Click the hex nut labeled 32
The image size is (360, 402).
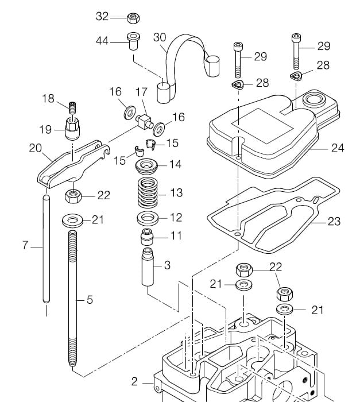coord(133,18)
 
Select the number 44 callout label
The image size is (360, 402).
coord(102,41)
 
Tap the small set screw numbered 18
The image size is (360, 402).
coord(73,108)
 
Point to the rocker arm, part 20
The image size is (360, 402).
coord(73,163)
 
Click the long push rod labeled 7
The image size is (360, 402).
coord(46,249)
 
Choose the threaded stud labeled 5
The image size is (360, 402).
coord(72,299)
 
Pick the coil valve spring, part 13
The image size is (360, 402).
coord(148,192)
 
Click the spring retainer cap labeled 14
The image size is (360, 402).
coord(146,167)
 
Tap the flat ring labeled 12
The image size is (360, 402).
coord(147,218)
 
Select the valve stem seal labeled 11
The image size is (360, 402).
coord(148,237)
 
